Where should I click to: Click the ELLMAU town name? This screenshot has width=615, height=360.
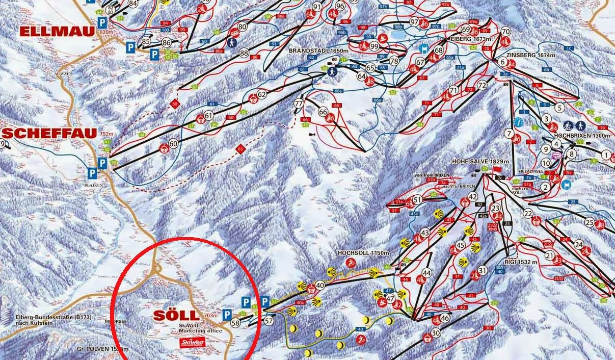click(x=58, y=31)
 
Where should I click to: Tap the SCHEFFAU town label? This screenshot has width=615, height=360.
click(x=49, y=134)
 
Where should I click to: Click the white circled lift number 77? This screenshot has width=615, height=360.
click(x=299, y=104)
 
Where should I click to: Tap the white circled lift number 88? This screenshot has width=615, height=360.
click(x=244, y=53)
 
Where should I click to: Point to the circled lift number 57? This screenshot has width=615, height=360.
click(x=269, y=321)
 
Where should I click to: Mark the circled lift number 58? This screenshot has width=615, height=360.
click(x=235, y=323)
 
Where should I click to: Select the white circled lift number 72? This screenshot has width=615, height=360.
click(x=482, y=85)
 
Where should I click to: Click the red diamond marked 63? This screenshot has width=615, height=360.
click(x=240, y=149)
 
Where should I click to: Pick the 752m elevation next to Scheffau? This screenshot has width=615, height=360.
click(x=106, y=134)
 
